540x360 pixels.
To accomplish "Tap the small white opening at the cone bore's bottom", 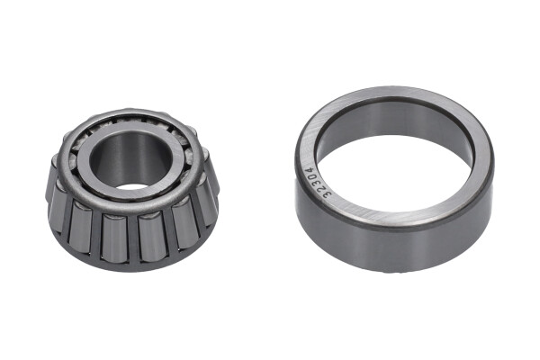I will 131,185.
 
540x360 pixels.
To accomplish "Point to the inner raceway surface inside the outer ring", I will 396,121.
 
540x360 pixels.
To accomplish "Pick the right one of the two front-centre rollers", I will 151,238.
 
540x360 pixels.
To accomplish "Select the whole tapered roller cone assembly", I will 132,189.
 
